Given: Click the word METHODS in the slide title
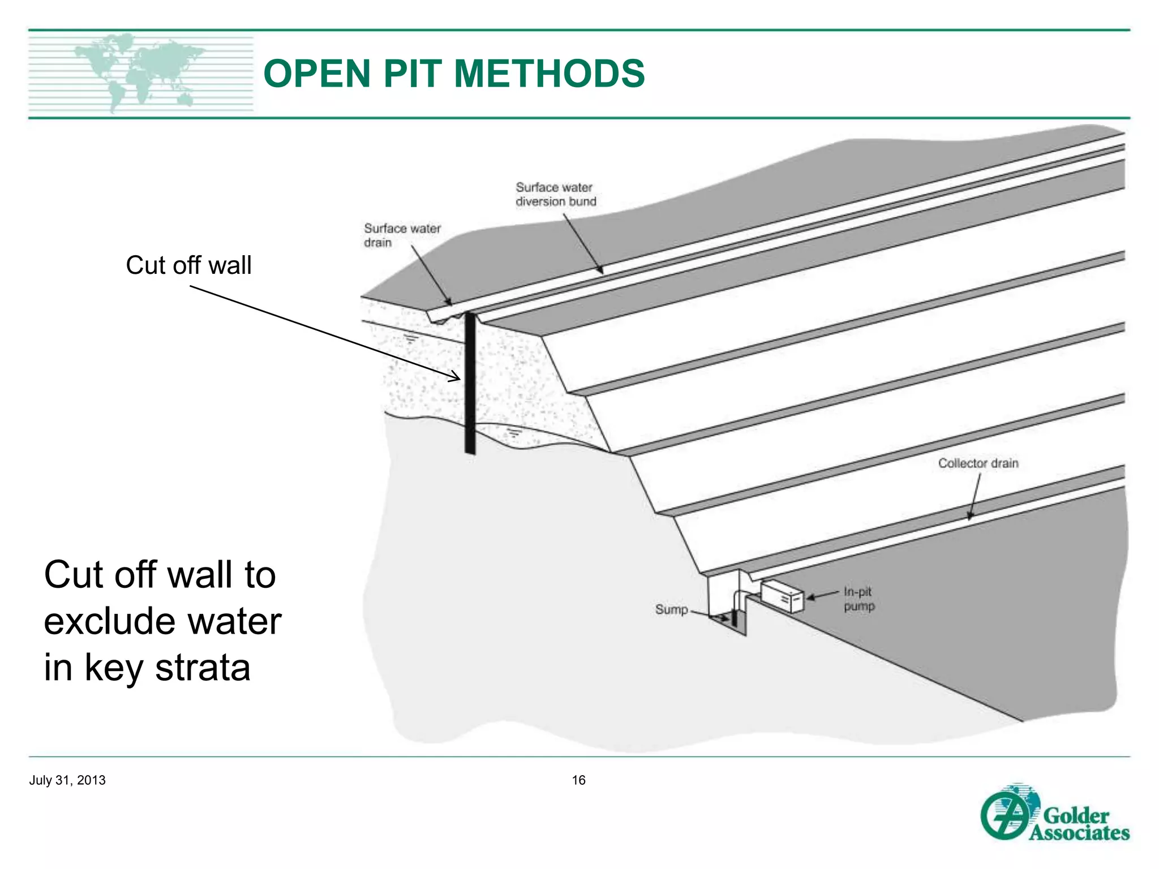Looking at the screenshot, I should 549,74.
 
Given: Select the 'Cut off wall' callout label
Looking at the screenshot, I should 188,265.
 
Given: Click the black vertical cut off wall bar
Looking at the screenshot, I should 470,385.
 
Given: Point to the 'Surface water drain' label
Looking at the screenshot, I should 402,235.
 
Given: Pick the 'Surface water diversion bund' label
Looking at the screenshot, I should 556,194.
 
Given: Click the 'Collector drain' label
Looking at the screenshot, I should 978,463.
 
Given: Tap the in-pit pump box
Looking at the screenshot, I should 782,597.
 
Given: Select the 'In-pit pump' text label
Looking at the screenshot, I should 858,599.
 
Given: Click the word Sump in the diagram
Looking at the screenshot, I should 671,609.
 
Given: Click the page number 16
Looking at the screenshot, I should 578,780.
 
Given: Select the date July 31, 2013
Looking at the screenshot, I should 67,780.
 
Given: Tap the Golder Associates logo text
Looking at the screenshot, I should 1078,824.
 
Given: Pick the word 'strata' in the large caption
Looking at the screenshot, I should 203,668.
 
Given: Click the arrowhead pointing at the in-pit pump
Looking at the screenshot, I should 810,597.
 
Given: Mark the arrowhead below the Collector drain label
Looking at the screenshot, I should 970,515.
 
